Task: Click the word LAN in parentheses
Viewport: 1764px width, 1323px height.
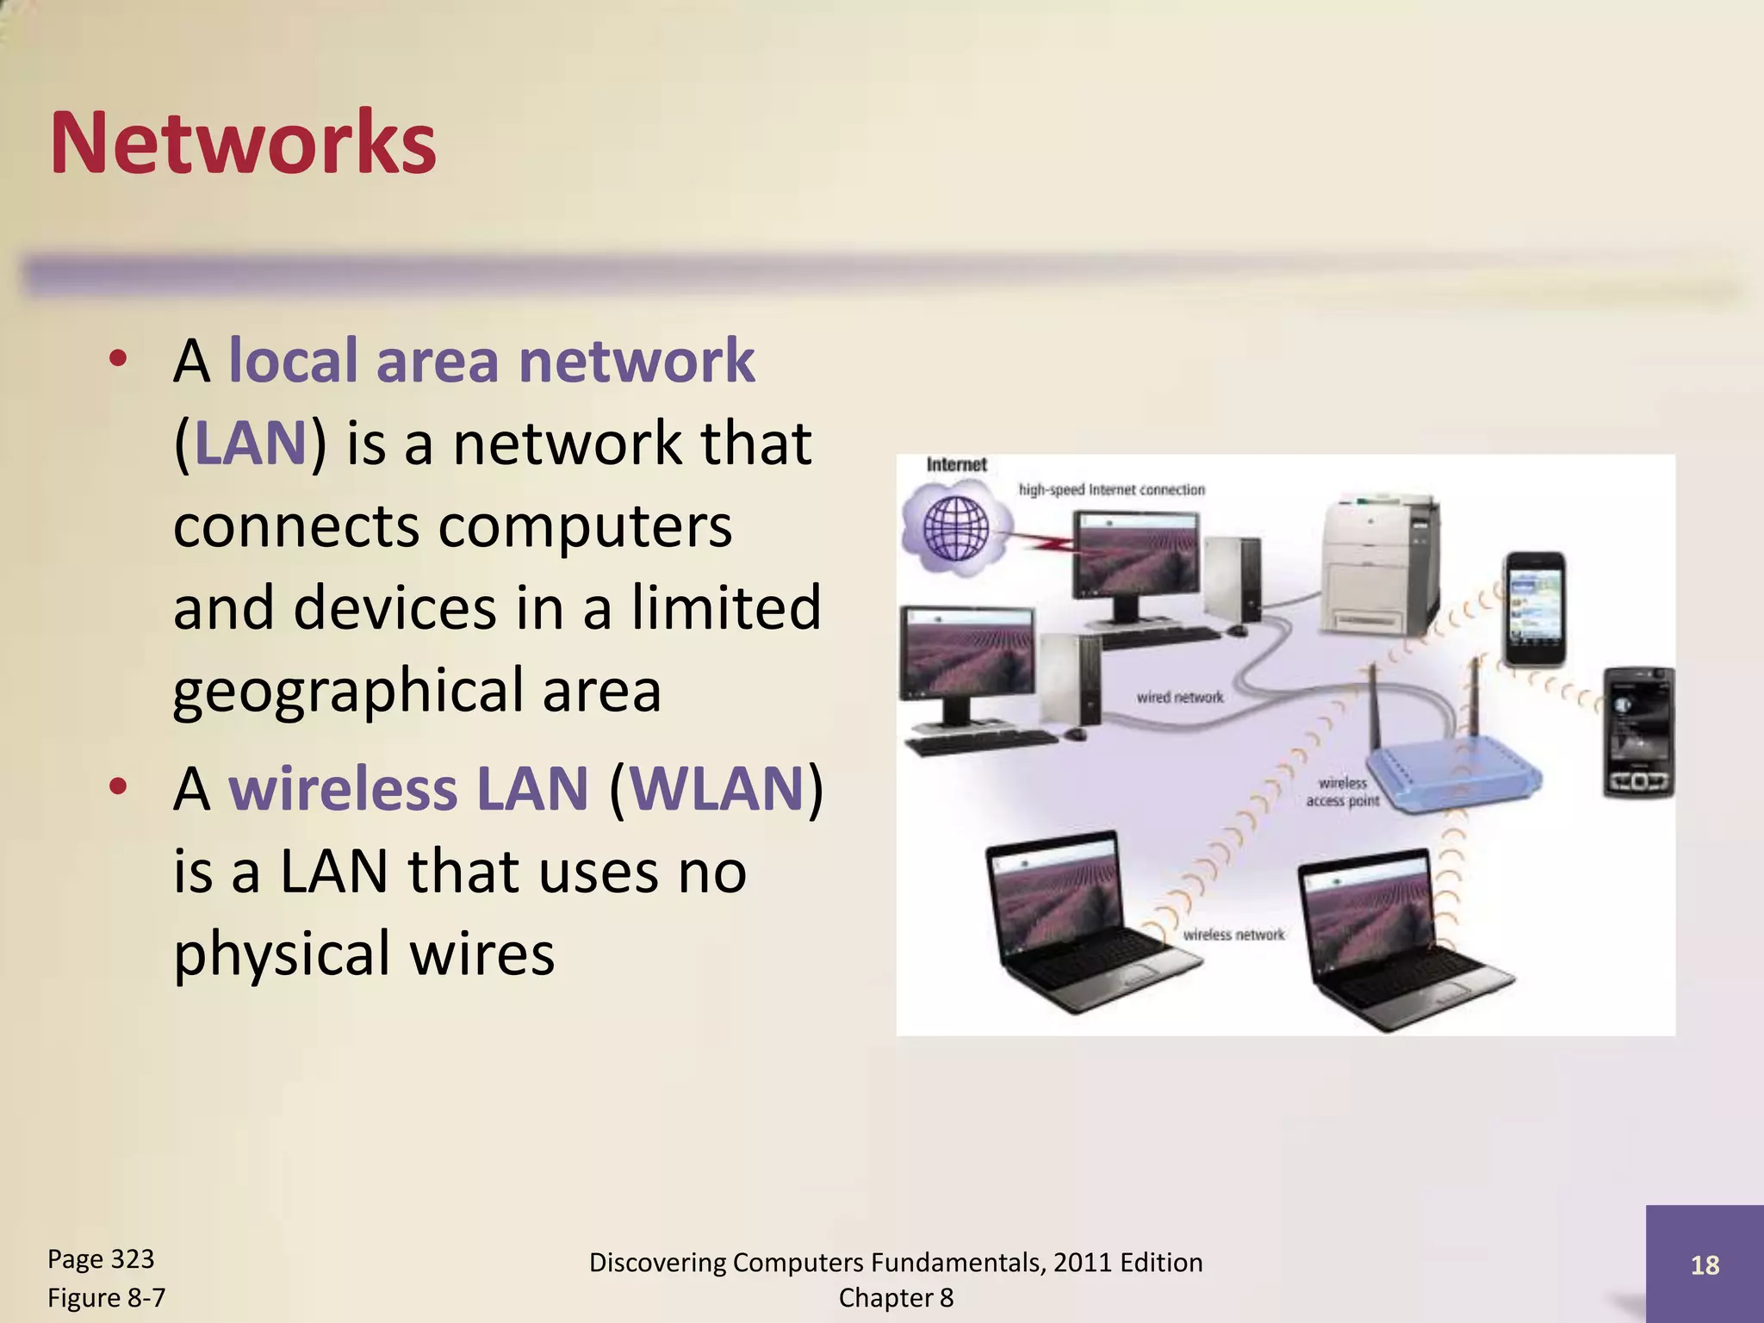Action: point(251,444)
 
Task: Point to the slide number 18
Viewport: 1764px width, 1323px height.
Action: point(1705,1265)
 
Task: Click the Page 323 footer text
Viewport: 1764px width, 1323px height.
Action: point(101,1259)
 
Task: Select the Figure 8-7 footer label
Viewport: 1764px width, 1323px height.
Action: point(106,1298)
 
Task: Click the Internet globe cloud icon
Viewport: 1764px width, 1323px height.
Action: point(955,527)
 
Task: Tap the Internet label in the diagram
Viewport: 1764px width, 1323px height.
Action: point(956,465)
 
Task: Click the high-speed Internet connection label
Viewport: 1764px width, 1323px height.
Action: point(1111,490)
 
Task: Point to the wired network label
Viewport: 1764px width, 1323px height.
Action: point(1179,697)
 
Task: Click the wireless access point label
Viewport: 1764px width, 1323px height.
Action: point(1343,792)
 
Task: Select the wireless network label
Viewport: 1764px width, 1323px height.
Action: point(1233,935)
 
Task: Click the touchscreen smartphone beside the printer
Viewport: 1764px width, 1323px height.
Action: point(1534,610)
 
